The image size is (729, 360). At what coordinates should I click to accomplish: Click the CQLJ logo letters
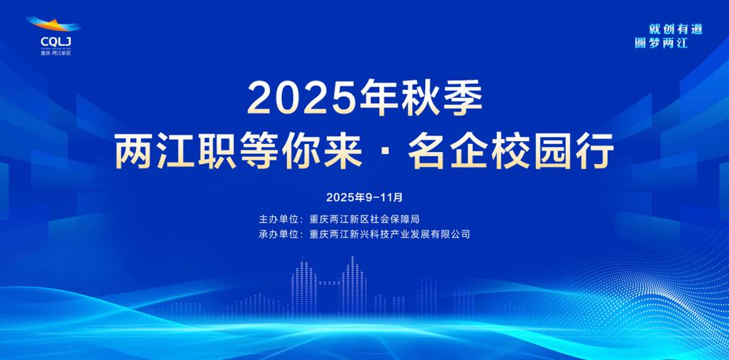pos(53,41)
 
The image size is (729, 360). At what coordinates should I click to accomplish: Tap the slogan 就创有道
pos(675,29)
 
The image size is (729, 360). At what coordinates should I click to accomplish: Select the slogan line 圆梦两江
pos(661,43)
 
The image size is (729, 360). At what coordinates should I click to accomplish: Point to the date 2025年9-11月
pos(364,197)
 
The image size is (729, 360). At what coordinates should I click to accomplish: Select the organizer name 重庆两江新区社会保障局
pos(364,218)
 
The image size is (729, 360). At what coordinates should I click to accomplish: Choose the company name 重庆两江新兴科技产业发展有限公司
pos(389,234)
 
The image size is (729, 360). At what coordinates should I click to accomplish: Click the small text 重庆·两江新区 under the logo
pos(55,53)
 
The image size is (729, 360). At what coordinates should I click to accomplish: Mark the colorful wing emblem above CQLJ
pos(55,25)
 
